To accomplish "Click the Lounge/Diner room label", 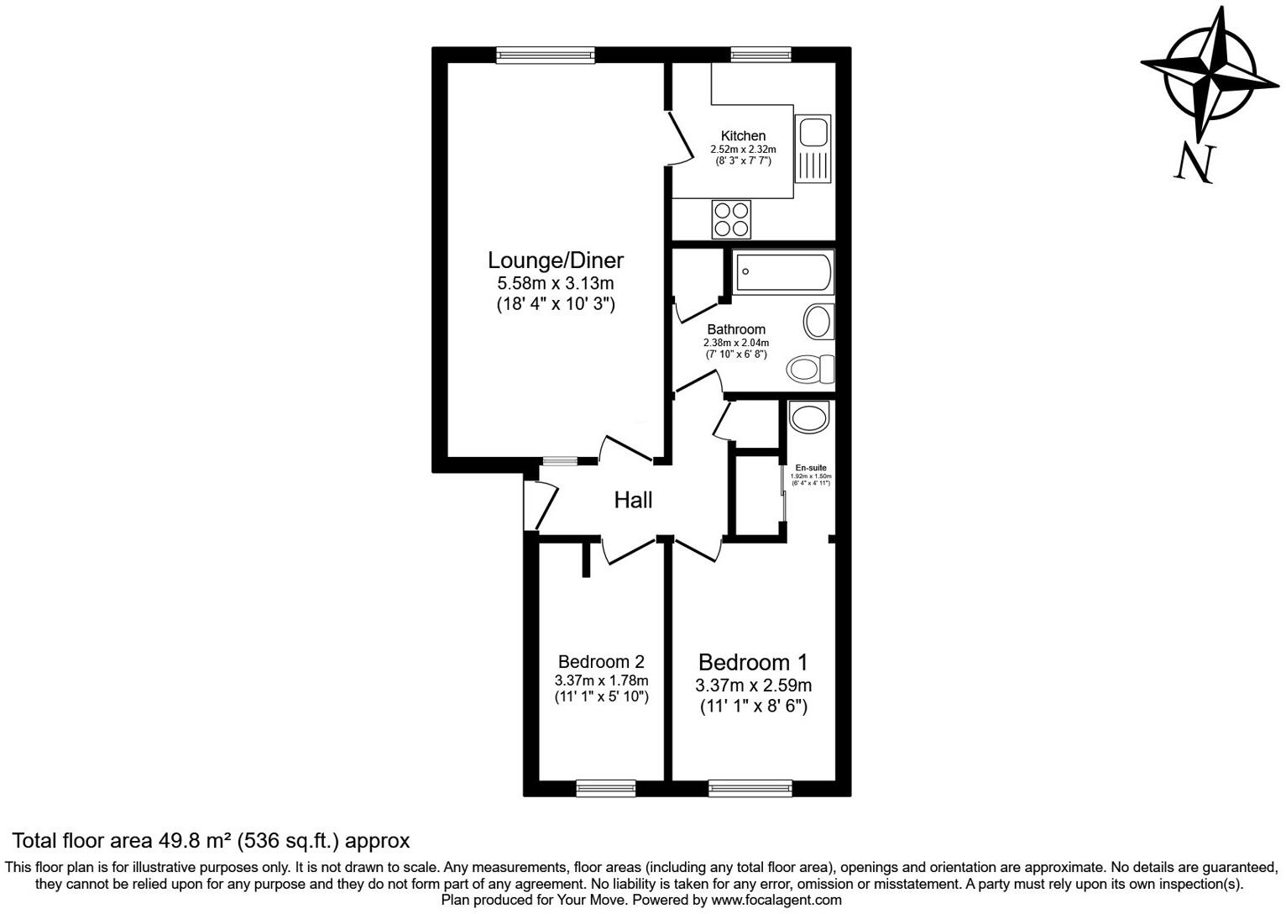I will [556, 260].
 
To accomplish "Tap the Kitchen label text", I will [743, 136].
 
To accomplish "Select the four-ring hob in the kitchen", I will [730, 219].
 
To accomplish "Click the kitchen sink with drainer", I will [813, 149].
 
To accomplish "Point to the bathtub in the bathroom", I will [783, 271].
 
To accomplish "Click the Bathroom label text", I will [735, 329].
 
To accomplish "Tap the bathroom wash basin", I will [818, 322].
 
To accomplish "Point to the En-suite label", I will [811, 468].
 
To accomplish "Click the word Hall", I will [633, 501].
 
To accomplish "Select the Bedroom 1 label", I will [753, 662].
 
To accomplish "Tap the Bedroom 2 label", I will [601, 662].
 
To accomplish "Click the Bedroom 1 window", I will [750, 788].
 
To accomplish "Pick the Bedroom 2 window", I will [606, 788].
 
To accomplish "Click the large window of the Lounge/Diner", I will [546, 55].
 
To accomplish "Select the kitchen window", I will [761, 55].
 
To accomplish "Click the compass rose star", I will [1210, 77].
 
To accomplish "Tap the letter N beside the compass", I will [1195, 162].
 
